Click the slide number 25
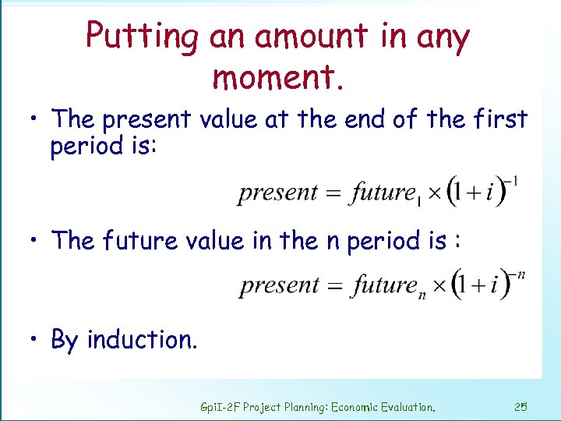(521, 406)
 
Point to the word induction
(142, 340)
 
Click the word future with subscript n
(383, 285)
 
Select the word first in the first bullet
(498, 119)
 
